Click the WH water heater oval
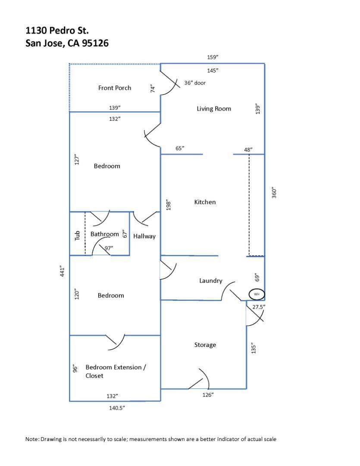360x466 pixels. [x=257, y=294]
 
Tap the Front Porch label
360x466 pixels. [x=115, y=88]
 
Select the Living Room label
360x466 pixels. [x=214, y=109]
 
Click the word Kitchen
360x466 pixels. [x=205, y=202]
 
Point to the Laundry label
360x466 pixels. [x=210, y=281]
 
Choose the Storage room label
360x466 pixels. [x=205, y=345]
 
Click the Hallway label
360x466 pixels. [x=144, y=236]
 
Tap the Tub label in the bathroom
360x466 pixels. [x=78, y=235]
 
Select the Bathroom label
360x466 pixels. [x=104, y=234]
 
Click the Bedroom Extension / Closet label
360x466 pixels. [x=116, y=372]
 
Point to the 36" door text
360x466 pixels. [x=195, y=83]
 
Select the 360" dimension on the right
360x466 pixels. [x=274, y=192]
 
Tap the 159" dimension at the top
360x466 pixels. [x=213, y=57]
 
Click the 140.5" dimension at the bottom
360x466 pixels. [x=116, y=408]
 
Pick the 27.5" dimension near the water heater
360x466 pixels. [x=259, y=307]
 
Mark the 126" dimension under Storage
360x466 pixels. [x=208, y=395]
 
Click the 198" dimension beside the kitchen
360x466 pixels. [x=169, y=205]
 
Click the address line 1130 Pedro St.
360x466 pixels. [x=57, y=30]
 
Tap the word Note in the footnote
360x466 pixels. [x=32, y=439]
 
